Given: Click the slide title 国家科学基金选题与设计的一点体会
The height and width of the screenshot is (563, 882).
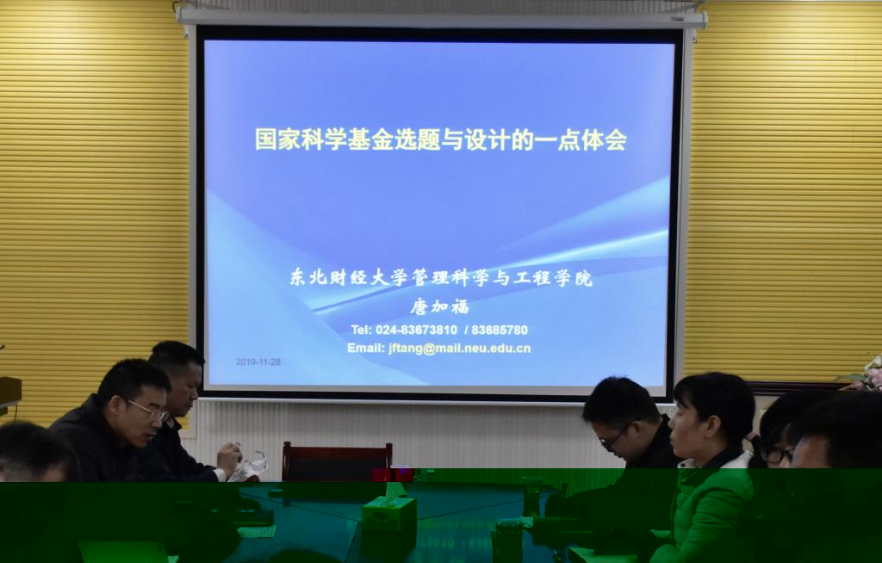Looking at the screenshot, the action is (440, 139).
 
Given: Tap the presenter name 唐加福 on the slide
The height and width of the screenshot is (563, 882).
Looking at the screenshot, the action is (439, 306).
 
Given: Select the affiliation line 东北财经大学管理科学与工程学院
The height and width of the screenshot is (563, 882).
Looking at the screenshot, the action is (441, 277).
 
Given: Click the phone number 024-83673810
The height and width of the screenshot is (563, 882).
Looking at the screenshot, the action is (416, 331).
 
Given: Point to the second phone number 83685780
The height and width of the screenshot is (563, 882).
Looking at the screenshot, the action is (500, 331).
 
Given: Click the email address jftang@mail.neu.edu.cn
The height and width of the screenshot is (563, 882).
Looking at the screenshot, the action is (459, 349).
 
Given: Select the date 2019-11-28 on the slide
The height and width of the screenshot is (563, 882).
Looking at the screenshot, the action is (258, 362).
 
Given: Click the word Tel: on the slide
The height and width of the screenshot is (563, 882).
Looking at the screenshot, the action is (361, 331).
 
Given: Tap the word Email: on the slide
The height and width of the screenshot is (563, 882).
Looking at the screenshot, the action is (365, 348).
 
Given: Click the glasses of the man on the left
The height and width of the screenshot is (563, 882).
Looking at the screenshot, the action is (149, 411).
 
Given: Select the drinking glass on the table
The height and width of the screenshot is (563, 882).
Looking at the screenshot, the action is (531, 496).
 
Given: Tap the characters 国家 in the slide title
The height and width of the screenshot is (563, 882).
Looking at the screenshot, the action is (277, 139).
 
